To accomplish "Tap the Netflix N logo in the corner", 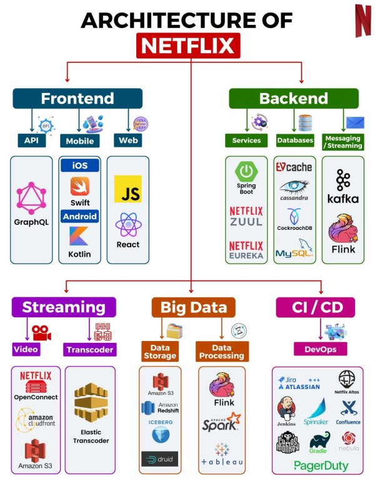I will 362,21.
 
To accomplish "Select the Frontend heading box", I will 77,98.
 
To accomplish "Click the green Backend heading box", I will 293,98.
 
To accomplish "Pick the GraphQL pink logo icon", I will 31,198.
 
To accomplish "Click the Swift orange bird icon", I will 79,186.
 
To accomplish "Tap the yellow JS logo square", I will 127,189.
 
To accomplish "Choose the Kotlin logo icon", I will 79,236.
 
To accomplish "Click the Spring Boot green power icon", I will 246,171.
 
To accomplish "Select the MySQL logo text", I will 294,253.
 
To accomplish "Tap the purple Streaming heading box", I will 63,307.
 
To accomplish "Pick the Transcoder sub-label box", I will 89,349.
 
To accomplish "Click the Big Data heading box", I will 193,307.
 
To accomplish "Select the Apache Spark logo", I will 221,425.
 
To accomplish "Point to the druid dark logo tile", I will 159,459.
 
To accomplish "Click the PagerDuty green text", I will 321,465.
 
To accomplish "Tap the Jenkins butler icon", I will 286,408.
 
